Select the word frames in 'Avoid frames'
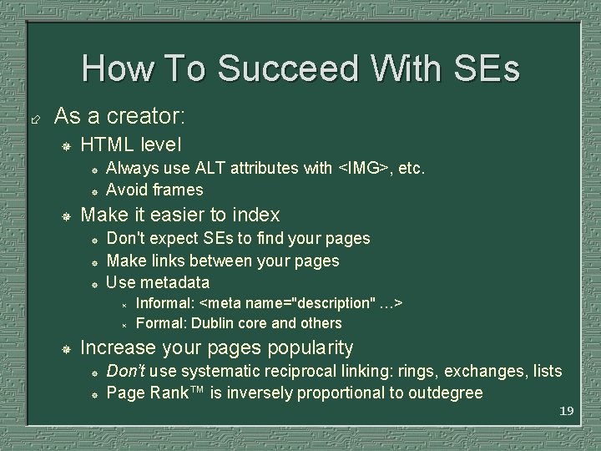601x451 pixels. (x=179, y=190)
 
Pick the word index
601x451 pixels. (x=254, y=215)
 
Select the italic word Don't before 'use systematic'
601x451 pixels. (x=125, y=371)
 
